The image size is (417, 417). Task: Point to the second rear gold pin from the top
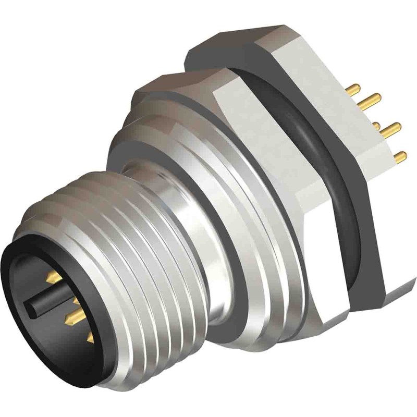pyautogui.click(x=373, y=97)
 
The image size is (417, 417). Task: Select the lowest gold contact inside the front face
pyautogui.click(x=90, y=339)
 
